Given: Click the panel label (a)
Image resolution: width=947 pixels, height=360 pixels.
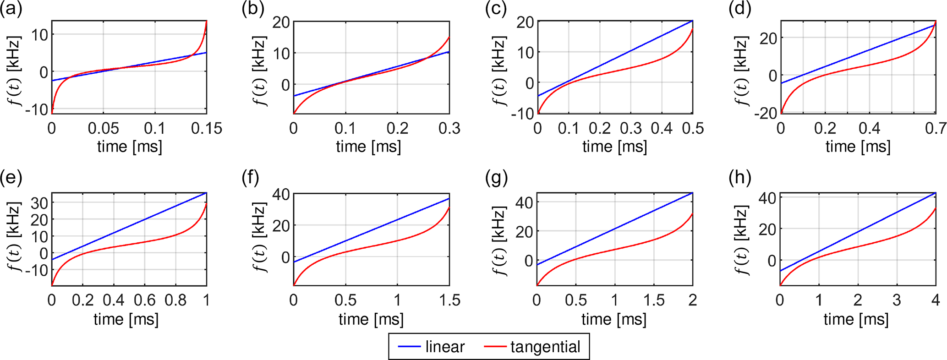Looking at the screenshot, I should click(11, 9).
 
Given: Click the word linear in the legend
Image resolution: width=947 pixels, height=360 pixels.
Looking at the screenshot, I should click(444, 347).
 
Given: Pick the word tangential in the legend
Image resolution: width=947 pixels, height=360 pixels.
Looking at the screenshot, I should click(545, 347).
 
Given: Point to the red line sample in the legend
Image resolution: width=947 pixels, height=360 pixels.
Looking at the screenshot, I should click(495, 347).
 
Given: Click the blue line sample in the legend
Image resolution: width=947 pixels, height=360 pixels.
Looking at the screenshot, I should click(409, 347).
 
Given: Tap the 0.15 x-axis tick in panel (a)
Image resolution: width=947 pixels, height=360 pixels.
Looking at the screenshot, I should click(207, 129).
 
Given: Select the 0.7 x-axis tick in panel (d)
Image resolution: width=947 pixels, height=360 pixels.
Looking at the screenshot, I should click(935, 129).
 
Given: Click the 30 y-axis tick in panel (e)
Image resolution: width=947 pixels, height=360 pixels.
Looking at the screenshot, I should click(39, 203).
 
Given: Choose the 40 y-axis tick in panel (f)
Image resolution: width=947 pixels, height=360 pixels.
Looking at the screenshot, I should click(281, 194).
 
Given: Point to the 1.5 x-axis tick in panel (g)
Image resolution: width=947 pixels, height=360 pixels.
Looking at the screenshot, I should click(654, 300).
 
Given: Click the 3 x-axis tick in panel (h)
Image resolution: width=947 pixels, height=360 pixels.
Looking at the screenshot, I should click(897, 300).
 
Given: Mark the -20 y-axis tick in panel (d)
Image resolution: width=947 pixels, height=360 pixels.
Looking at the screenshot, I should click(766, 113).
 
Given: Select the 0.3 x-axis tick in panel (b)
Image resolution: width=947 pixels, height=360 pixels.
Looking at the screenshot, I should click(449, 129).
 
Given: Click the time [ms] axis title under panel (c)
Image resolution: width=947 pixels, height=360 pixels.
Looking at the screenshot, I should click(614, 147).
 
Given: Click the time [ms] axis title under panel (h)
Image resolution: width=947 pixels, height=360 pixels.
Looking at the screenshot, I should click(856, 319).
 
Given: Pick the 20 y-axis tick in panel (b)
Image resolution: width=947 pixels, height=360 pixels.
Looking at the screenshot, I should click(281, 22).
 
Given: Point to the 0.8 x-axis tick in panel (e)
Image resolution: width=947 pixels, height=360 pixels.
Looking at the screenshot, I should click(175, 300).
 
